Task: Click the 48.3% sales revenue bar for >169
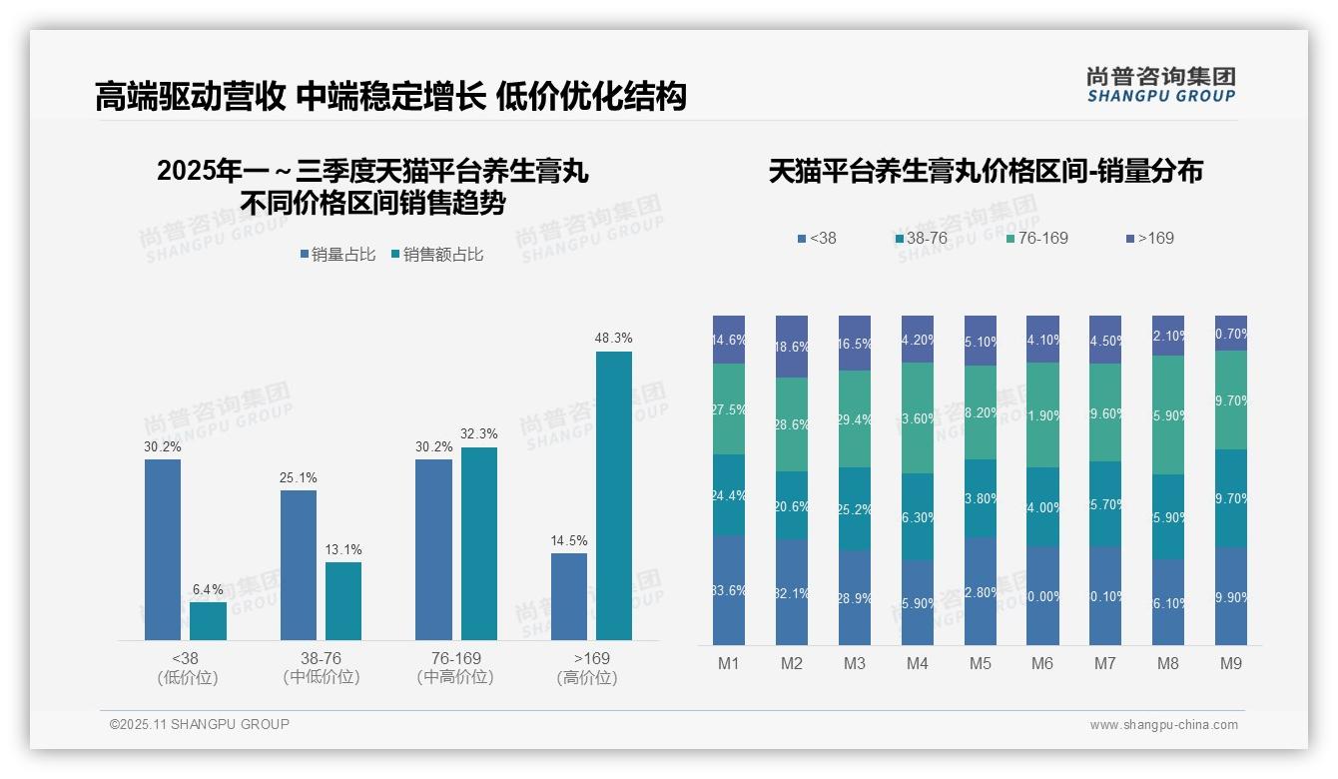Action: point(614,495)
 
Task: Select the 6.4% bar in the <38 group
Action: point(208,620)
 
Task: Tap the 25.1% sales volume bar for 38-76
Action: point(298,564)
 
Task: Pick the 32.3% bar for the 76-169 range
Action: point(478,543)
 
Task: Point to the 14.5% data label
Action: point(568,541)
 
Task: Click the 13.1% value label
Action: point(343,550)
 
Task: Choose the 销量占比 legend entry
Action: point(337,255)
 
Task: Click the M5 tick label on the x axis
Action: point(980,664)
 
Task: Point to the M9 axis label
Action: point(1231,664)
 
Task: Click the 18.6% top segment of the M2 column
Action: point(792,347)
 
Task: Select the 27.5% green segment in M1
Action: point(729,408)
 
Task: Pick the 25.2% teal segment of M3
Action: point(855,508)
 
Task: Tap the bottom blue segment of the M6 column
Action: point(1042,595)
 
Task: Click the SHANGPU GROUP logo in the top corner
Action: point(1160,85)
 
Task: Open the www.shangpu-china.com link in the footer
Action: point(1163,725)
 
